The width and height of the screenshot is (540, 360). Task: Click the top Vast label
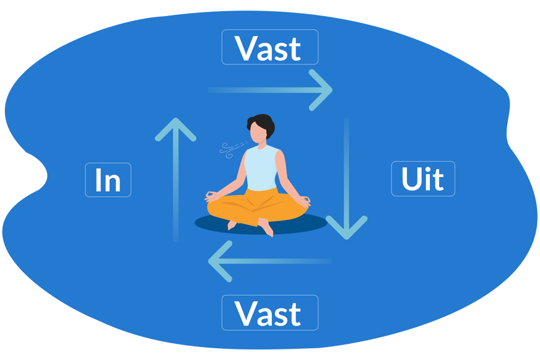[270, 47]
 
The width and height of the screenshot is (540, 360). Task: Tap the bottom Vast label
[270, 313]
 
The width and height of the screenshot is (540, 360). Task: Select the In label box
[108, 180]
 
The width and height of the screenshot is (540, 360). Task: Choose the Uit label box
[423, 179]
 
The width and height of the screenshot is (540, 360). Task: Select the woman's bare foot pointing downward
[267, 229]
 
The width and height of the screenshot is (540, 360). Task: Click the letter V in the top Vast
[246, 48]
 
